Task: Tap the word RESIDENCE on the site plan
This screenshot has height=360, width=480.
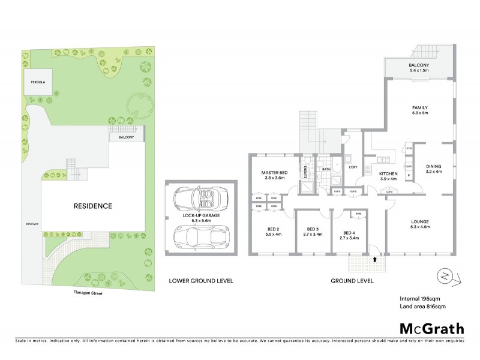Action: click(x=92, y=206)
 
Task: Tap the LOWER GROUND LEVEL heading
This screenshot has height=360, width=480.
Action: click(x=200, y=280)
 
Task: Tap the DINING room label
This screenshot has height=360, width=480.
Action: click(x=433, y=167)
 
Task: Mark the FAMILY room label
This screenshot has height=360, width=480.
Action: click(x=419, y=108)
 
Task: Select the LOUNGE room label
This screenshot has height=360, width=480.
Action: click(x=419, y=223)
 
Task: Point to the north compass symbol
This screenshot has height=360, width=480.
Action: click(x=445, y=277)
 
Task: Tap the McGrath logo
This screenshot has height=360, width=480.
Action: click(x=432, y=329)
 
